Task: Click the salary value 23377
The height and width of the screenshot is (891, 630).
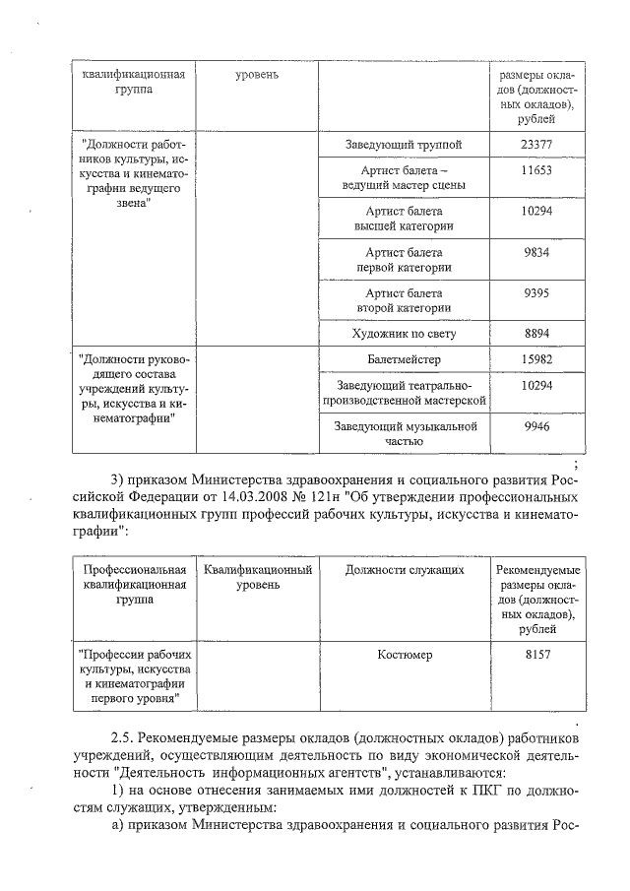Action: point(536,145)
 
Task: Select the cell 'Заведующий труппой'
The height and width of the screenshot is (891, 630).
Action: point(404,146)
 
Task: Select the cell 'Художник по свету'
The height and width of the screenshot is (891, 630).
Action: point(404,334)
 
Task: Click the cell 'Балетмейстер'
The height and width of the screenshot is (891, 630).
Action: point(404,360)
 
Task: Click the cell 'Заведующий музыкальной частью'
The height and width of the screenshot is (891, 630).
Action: point(404,434)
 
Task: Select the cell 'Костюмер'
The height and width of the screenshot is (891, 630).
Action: point(404,654)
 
